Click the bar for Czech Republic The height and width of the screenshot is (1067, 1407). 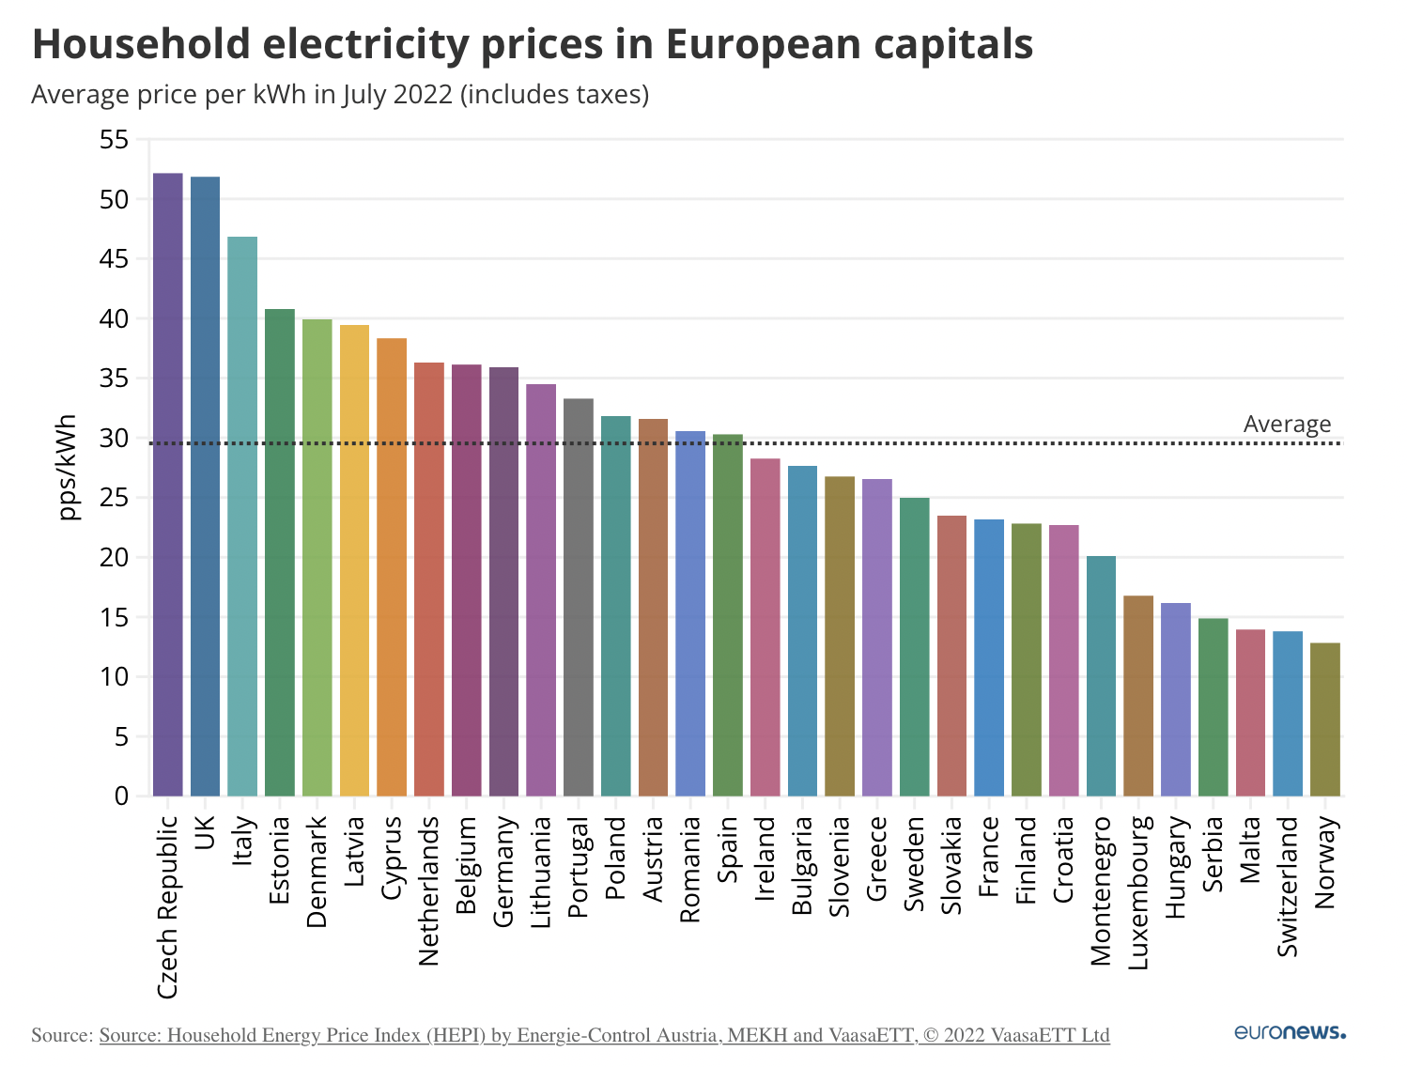pos(167,485)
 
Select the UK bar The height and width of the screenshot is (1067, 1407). pos(205,487)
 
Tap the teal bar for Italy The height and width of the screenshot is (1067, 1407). pos(242,517)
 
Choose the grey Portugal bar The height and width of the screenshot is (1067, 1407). pos(579,597)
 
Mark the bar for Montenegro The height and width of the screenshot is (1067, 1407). pos(1101,676)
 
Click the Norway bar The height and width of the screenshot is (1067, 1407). pos(1325,719)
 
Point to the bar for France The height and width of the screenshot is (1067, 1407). pos(989,657)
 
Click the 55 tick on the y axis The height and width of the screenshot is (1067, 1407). pos(114,140)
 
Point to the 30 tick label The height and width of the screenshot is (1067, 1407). pos(114,439)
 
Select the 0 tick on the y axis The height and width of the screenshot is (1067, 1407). pos(121,796)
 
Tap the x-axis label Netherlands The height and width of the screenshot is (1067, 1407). pos(429,890)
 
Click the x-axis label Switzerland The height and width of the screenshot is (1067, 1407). pos(1288,886)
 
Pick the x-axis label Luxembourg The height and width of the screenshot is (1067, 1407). pos(1138,892)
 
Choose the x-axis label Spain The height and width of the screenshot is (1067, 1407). pos(728,849)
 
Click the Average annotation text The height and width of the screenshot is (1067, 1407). pos(1287,425)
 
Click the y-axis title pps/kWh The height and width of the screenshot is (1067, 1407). pos(67,467)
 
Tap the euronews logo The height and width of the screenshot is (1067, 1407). pos(1290,1032)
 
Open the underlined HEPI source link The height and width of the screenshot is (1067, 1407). pos(604,1035)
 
